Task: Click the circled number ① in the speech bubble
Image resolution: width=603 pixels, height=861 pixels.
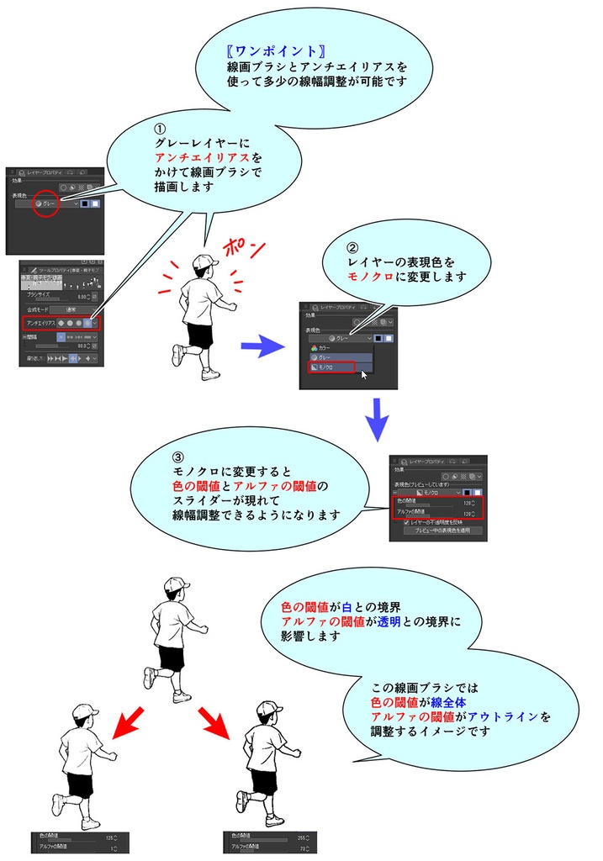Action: pyautogui.click(x=160, y=129)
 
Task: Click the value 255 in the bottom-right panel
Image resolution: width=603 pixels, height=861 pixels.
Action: pyautogui.click(x=300, y=837)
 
